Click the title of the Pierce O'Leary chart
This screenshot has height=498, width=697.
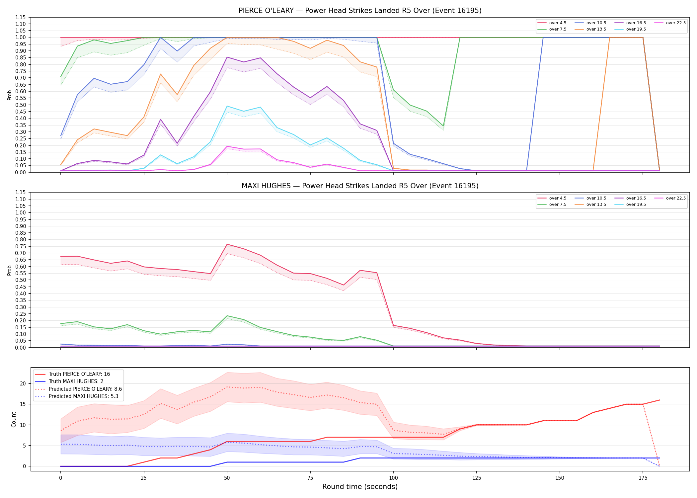pyautogui.click(x=360, y=11)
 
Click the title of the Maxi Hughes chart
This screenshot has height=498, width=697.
pyautogui.click(x=360, y=186)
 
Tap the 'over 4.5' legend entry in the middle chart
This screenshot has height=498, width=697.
pyautogui.click(x=552, y=198)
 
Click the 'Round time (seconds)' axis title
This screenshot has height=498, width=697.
pyautogui.click(x=360, y=487)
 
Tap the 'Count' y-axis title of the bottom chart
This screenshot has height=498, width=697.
pyautogui.click(x=14, y=419)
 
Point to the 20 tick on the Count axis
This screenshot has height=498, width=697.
pyautogui.click(x=23, y=383)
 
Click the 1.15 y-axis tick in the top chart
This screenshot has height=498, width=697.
pyautogui.click(x=20, y=17)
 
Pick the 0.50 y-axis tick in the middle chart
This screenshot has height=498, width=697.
pyautogui.click(x=20, y=280)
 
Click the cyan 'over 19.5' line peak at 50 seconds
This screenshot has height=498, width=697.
pyautogui.click(x=227, y=106)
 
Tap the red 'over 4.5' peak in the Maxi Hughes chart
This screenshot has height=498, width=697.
pyautogui.click(x=227, y=244)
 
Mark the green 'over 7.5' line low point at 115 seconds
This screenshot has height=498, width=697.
pyautogui.click(x=443, y=126)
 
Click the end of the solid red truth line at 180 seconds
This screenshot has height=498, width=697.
pyautogui.click(x=659, y=400)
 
